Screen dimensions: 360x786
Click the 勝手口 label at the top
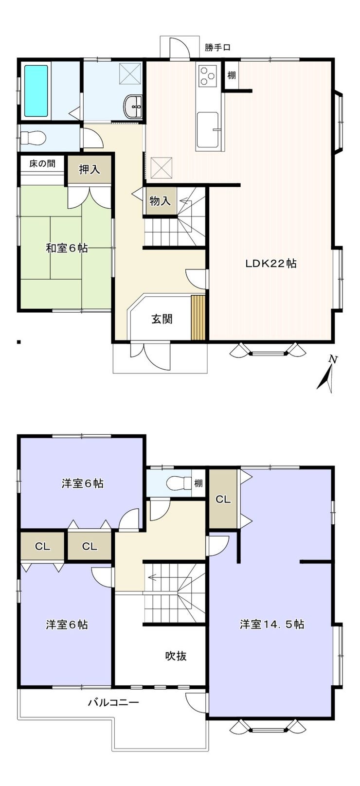point(217,47)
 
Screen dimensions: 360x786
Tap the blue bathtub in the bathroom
point(36,91)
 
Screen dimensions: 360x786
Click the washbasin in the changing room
point(133,107)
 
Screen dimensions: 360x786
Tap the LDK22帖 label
point(270,263)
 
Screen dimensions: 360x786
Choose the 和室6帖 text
point(67,249)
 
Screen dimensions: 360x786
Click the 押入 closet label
point(89,169)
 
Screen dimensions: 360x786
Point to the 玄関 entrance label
point(162,319)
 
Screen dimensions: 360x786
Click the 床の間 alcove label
point(42,163)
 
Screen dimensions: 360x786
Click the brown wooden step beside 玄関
point(198,318)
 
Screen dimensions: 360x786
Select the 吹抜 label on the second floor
point(176,656)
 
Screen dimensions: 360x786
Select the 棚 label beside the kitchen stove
point(231,75)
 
